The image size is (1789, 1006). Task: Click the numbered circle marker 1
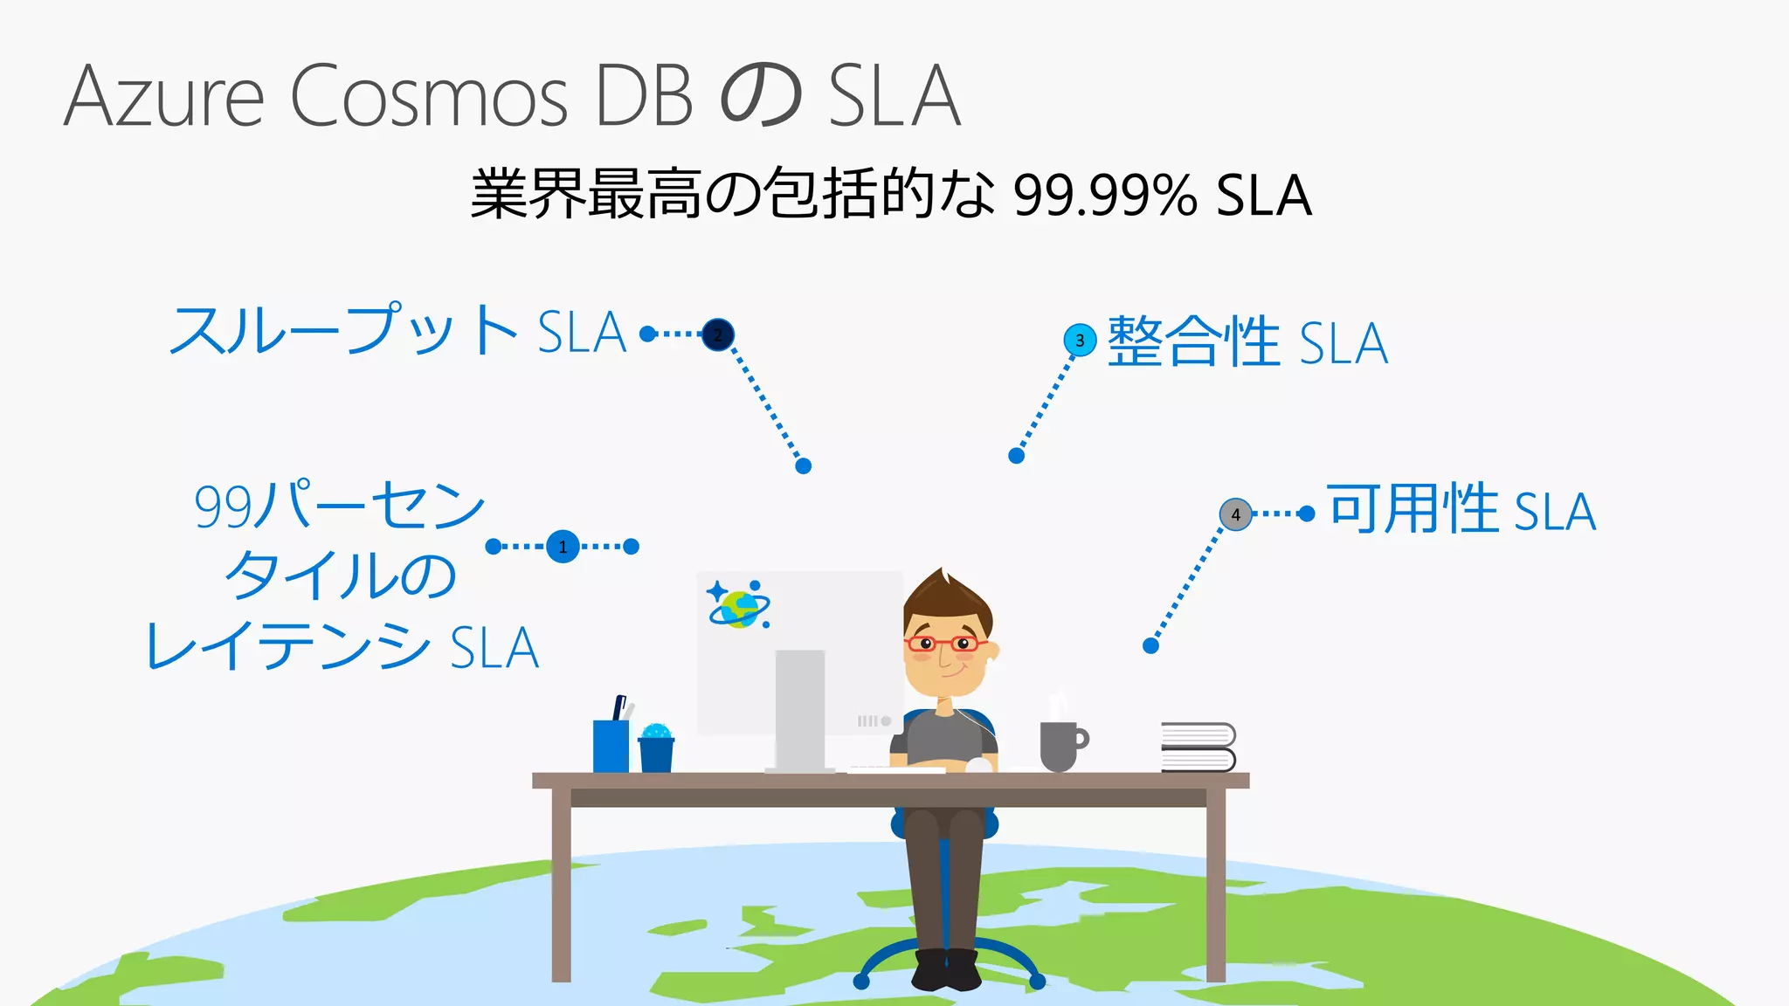coord(563,547)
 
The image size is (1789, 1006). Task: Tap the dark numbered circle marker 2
coord(718,334)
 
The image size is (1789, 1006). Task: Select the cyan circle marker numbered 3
coord(1080,340)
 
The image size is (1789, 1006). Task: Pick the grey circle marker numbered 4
coord(1235,514)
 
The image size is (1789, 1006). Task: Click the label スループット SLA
coord(398,331)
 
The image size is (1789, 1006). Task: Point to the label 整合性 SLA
coord(1247,342)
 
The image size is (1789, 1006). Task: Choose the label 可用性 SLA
coord(1461,510)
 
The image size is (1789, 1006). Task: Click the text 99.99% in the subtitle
coord(1105,196)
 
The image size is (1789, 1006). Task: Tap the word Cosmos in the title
coord(429,96)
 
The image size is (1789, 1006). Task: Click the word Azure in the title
coord(164,96)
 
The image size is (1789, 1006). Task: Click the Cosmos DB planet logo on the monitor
coord(739,604)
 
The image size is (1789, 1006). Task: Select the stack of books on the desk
coord(1198,748)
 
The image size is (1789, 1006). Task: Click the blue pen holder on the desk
coord(611,744)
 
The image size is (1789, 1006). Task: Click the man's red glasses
coord(943,644)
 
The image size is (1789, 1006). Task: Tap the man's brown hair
coord(947,598)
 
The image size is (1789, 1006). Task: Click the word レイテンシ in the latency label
coord(288,647)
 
